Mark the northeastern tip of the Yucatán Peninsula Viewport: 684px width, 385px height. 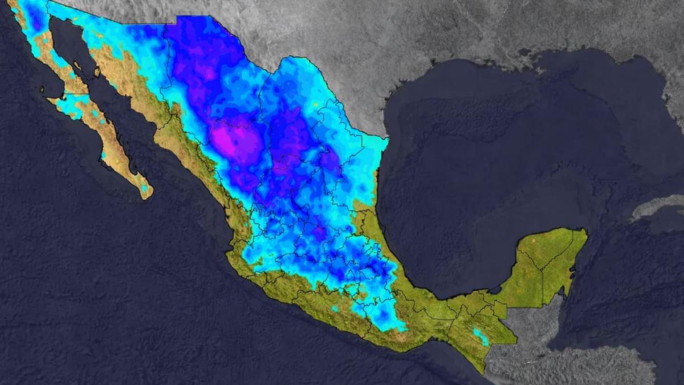584,231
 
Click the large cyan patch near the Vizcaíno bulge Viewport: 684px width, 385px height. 71,106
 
